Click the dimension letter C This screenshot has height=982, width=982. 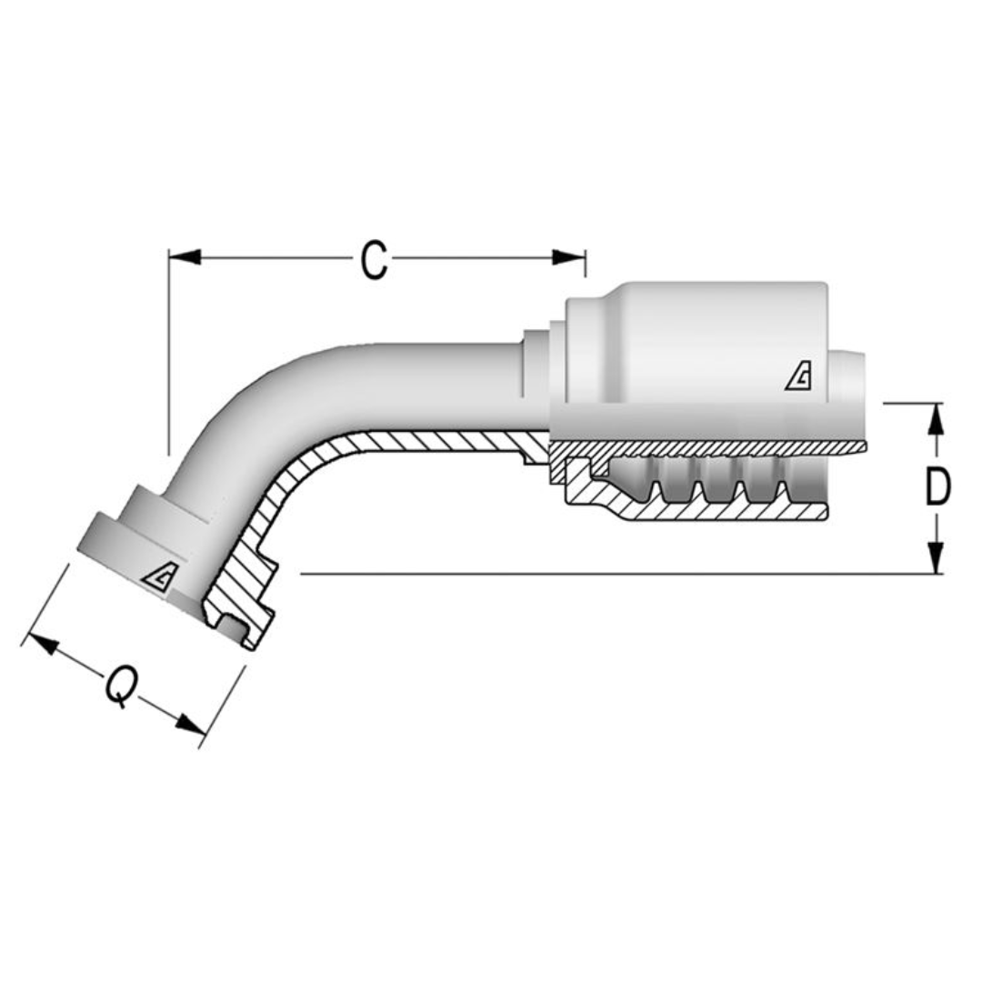pyautogui.click(x=374, y=260)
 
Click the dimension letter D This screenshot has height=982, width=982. pyautogui.click(x=937, y=487)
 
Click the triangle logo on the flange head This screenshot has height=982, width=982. pyautogui.click(x=161, y=576)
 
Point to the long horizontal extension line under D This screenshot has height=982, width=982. pyautogui.click(x=618, y=574)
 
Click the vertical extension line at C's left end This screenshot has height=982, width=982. pyautogui.click(x=169, y=355)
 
